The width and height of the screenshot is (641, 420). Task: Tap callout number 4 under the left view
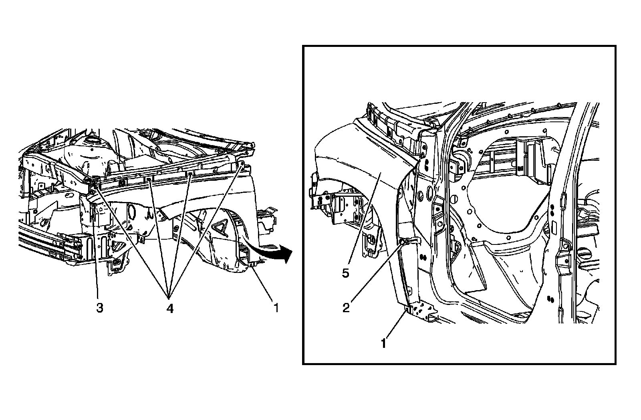[x=170, y=309]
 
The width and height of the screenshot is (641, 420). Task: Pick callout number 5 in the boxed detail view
[x=346, y=273]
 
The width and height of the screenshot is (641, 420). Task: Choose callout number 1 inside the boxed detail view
[x=383, y=343]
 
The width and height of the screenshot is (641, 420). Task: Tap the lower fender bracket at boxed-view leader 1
[x=409, y=309]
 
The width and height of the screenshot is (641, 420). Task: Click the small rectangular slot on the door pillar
[x=554, y=228]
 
